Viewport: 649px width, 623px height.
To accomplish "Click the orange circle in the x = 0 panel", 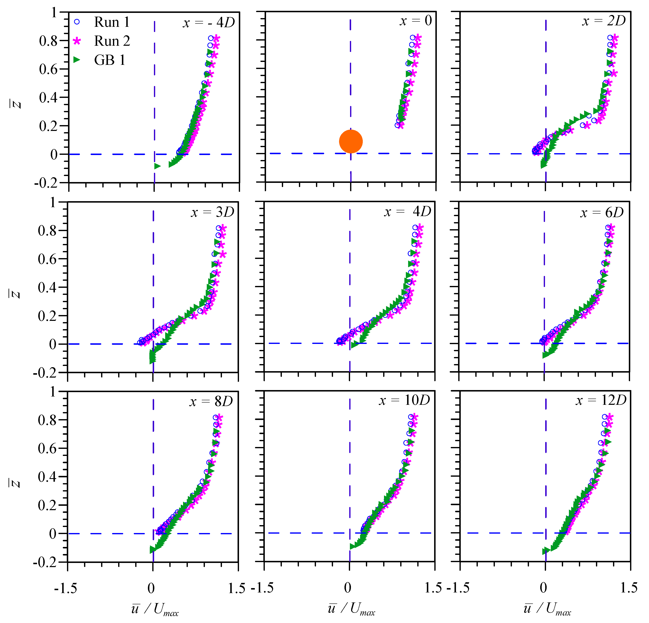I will pos(351,141).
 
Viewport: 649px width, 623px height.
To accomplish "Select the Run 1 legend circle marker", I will pos(77,22).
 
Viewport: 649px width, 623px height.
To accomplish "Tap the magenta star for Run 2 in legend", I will pos(77,41).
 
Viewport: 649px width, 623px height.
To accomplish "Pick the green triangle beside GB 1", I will pos(77,60).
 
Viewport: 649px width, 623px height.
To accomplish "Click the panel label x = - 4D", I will pos(209,22).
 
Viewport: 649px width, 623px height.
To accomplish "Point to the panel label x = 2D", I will pos(604,21).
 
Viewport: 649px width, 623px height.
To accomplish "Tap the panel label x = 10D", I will pos(404,400).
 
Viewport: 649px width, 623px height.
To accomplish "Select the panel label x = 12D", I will pos(601,400).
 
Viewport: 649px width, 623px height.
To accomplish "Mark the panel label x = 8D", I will pos(211,401).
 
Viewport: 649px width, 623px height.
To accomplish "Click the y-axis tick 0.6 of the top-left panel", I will pos(48,69).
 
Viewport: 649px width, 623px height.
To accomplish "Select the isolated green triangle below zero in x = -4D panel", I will pos(157,166).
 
